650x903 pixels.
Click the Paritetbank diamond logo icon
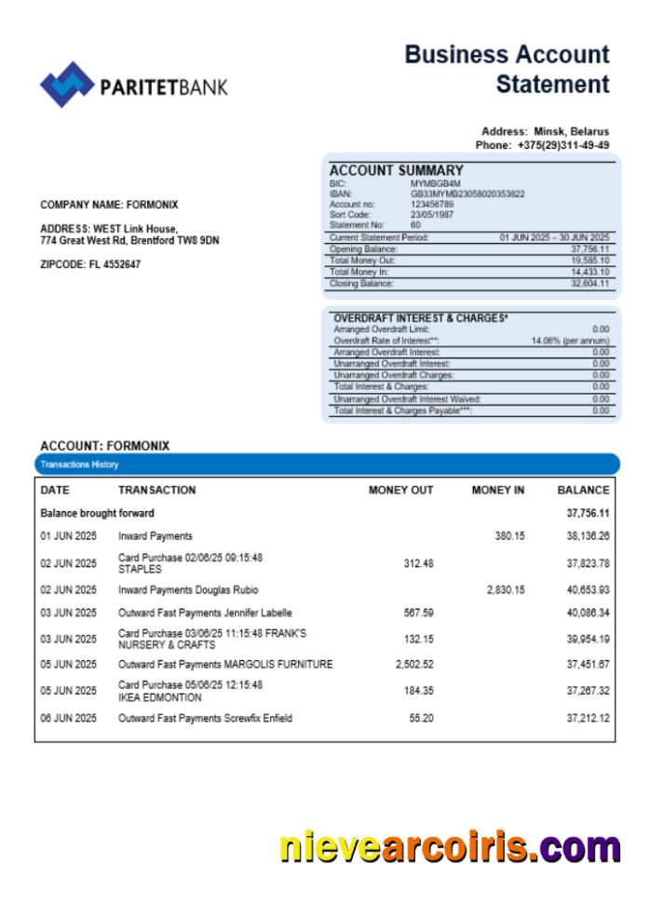pyautogui.click(x=66, y=85)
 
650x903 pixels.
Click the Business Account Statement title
pyautogui.click(x=508, y=70)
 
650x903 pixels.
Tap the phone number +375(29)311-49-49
pyautogui.click(x=563, y=145)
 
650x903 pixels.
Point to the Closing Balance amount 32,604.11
pyautogui.click(x=589, y=283)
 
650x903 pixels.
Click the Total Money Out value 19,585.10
pyautogui.click(x=589, y=261)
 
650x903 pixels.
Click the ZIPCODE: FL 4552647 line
pyautogui.click(x=91, y=264)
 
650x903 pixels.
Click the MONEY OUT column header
pyautogui.click(x=400, y=490)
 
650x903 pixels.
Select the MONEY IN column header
pyautogui.click(x=497, y=490)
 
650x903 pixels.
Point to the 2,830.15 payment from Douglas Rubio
pyautogui.click(x=506, y=589)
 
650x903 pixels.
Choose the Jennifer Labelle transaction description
pyautogui.click(x=205, y=613)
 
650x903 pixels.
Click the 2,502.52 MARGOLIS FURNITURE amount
pyautogui.click(x=414, y=664)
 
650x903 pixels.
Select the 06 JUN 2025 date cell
pyautogui.click(x=68, y=718)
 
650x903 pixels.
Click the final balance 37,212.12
pyautogui.click(x=583, y=718)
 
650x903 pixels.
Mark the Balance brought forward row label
pyautogui.click(x=97, y=513)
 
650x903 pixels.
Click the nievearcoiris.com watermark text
pyautogui.click(x=450, y=848)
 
